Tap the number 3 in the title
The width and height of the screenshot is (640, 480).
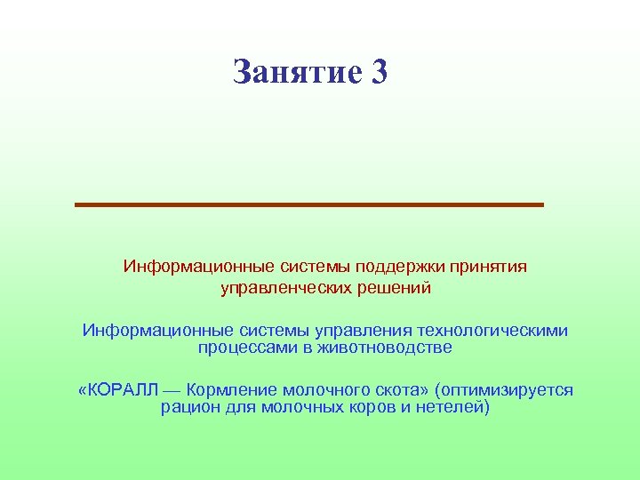[380, 72]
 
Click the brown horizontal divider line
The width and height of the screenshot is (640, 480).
[308, 204]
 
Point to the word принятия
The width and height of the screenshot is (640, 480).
[488, 267]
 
